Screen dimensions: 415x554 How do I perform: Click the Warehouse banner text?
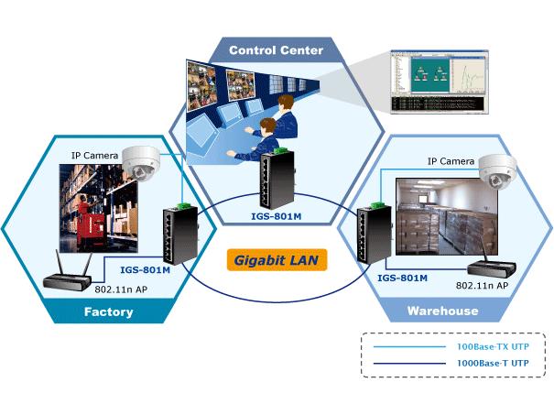point(443,311)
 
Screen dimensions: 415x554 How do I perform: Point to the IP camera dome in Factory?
point(147,161)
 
